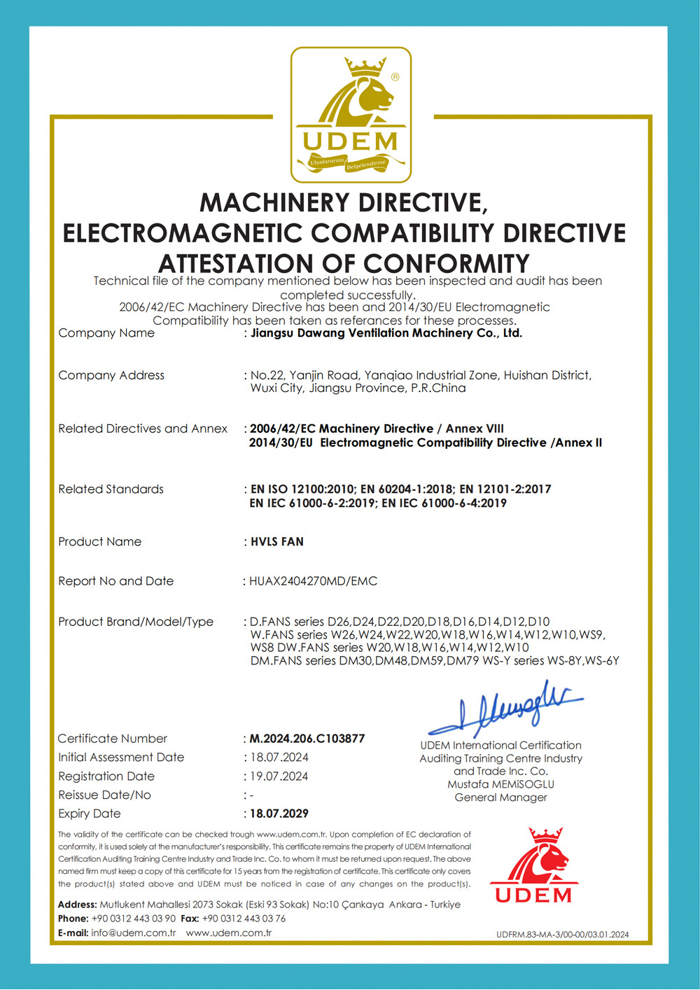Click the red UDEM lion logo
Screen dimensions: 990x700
(533, 865)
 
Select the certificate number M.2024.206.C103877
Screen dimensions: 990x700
(307, 739)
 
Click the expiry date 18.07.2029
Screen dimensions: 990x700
(279, 814)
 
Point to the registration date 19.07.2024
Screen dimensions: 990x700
(279, 776)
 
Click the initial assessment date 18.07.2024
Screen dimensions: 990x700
(279, 758)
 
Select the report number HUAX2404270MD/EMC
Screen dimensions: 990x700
(313, 581)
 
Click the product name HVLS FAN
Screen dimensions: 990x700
(277, 542)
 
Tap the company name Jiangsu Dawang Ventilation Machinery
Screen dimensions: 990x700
(386, 333)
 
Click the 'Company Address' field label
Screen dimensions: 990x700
(111, 375)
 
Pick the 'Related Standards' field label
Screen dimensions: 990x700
(111, 489)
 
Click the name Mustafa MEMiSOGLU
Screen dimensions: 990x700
(500, 784)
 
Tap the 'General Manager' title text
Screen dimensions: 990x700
(500, 797)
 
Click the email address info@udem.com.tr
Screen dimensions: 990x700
(133, 933)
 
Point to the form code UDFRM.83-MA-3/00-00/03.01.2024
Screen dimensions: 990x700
(563, 934)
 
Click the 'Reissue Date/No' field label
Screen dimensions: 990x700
(104, 795)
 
